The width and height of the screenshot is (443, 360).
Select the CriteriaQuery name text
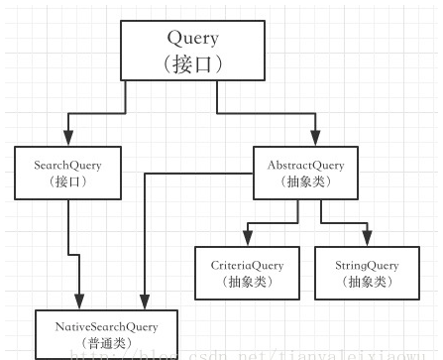click(x=247, y=265)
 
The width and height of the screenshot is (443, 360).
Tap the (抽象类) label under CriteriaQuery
click(x=247, y=283)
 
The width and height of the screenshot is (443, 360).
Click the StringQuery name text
click(x=368, y=265)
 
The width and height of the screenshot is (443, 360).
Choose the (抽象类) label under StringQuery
click(x=368, y=283)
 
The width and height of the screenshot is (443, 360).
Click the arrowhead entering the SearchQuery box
click(x=66, y=139)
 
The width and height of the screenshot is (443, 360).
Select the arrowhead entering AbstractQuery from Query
click(x=317, y=139)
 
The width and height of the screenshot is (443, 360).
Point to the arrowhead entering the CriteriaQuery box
click(x=248, y=240)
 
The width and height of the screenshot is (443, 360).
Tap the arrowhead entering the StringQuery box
click(x=368, y=240)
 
